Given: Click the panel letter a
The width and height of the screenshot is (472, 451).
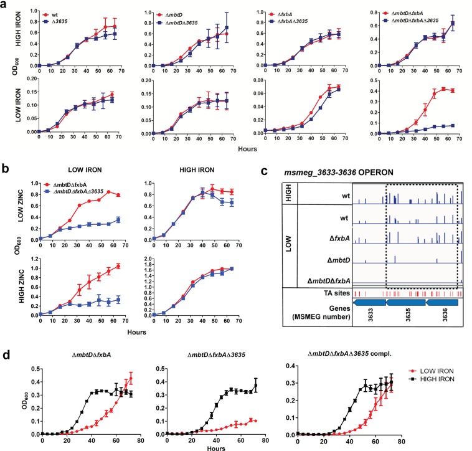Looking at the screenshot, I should tap(5, 5).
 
